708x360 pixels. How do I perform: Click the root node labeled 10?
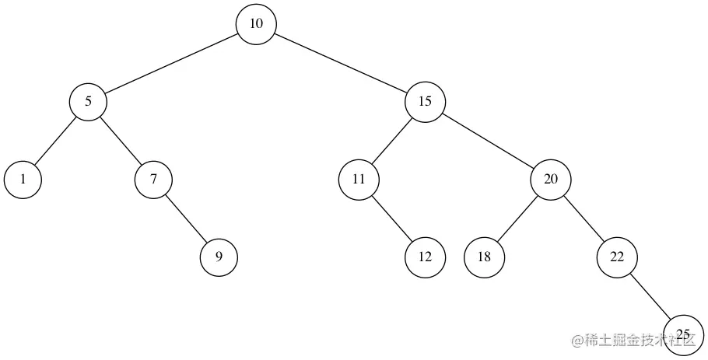pos(257,24)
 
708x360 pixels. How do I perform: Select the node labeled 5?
pos(88,102)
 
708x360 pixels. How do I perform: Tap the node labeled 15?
pos(425,102)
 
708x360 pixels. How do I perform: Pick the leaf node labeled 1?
pos(23,180)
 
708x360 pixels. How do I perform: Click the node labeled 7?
pos(153,180)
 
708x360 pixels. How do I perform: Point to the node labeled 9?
pos(219,257)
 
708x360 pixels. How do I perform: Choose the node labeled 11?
pos(359,180)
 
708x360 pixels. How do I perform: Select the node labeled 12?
pos(425,257)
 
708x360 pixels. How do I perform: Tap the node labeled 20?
pos(551,180)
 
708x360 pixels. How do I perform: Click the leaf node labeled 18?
pos(485,257)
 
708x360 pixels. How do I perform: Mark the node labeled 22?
pos(617,257)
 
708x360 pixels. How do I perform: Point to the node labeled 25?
pos(683,334)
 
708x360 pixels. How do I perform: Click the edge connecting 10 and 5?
pos(172,63)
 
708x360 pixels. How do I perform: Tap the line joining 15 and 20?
pos(488,141)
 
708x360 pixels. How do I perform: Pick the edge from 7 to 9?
pos(186,218)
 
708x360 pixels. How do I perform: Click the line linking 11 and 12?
pos(391,218)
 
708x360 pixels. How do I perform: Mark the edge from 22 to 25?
pos(650,295)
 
